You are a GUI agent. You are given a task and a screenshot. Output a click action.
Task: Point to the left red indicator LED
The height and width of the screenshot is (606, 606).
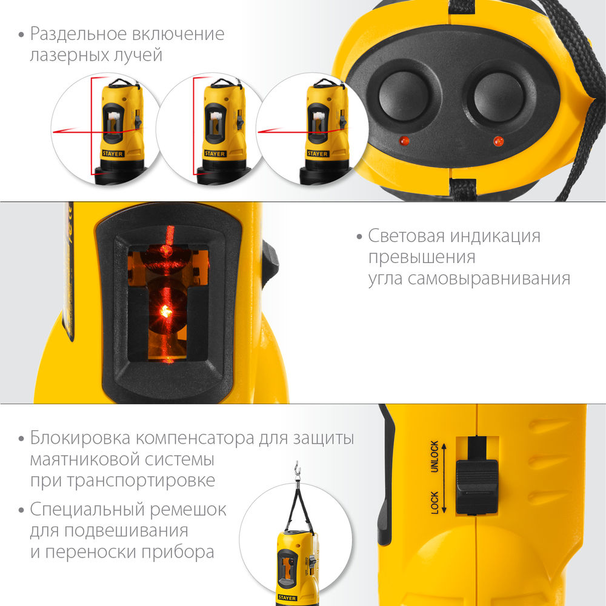(x=404, y=141)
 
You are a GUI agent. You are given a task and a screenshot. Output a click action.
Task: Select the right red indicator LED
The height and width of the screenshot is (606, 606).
(x=498, y=142)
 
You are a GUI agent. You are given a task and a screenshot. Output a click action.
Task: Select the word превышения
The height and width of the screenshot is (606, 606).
(x=422, y=257)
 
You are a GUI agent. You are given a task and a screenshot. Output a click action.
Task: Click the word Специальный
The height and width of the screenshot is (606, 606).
(x=88, y=510)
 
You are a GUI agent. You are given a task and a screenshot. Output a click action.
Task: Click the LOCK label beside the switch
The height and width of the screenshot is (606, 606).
(x=435, y=503)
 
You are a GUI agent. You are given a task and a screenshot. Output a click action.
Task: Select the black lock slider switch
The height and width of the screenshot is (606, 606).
(x=476, y=485)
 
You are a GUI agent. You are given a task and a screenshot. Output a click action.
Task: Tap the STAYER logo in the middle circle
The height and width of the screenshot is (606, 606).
(x=215, y=154)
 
